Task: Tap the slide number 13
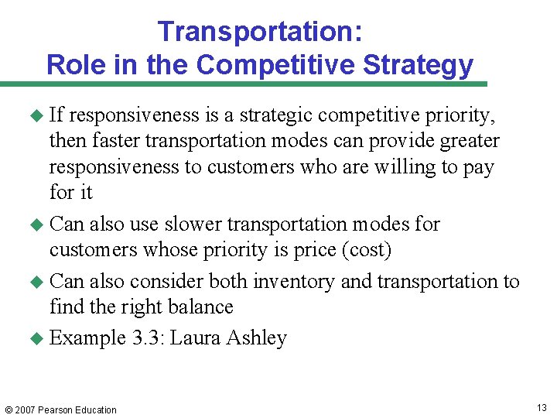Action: click(542, 408)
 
